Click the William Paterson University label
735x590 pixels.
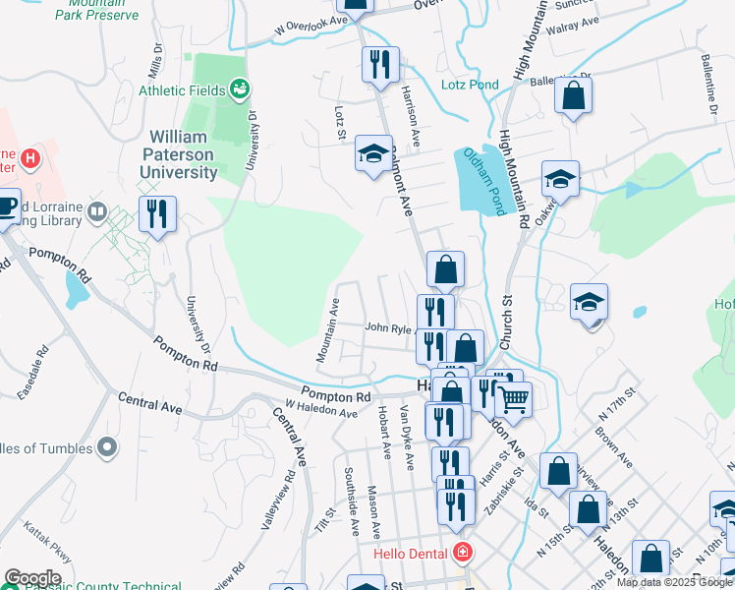click(183, 155)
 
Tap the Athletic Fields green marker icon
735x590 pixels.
click(239, 89)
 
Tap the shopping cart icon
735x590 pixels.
click(512, 398)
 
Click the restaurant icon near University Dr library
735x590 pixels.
click(157, 214)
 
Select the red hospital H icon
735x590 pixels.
click(30, 157)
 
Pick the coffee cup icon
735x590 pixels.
click(7, 206)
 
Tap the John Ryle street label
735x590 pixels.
click(386, 327)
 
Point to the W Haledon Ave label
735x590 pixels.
click(321, 407)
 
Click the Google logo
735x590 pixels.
click(32, 578)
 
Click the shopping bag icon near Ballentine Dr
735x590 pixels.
click(574, 95)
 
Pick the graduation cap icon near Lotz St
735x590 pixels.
click(373, 153)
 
